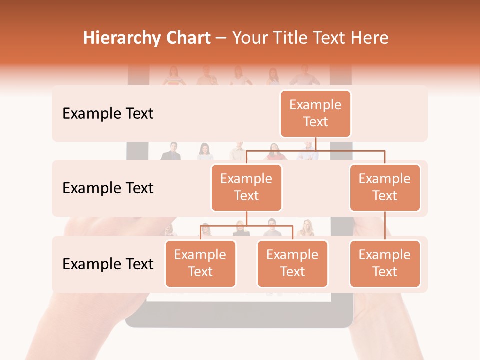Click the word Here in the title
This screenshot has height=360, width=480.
[x=369, y=38]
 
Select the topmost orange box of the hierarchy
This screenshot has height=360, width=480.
[x=315, y=114]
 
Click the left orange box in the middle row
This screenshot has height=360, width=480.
[x=246, y=188]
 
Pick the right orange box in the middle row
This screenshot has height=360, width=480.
[x=385, y=188]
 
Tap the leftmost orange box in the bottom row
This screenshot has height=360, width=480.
[x=200, y=264]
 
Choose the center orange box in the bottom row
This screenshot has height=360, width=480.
[x=292, y=264]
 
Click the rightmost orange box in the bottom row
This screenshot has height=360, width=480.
[x=385, y=264]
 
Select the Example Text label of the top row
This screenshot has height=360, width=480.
[x=108, y=114]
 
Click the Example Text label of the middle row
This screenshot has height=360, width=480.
[x=108, y=188]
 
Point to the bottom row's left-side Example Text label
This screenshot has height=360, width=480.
[x=108, y=264]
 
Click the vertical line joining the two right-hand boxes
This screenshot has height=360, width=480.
[x=385, y=226]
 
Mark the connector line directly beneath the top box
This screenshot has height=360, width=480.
[x=315, y=144]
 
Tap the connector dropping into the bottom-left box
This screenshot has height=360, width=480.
[x=200, y=233]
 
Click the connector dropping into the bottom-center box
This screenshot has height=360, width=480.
[x=292, y=233]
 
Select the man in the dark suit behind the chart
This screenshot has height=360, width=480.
[x=171, y=151]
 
